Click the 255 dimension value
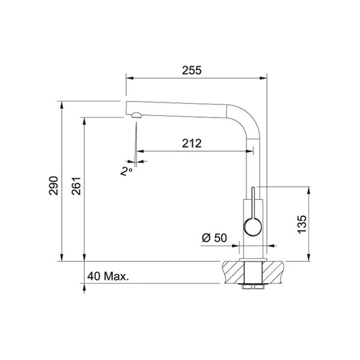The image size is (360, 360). (x=192, y=70)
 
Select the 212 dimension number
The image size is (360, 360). (x=192, y=144)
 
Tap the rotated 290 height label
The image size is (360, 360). (x=54, y=186)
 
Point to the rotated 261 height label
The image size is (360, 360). (x=76, y=186)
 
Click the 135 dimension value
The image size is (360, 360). (x=302, y=225)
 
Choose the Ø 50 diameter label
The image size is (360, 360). (x=214, y=238)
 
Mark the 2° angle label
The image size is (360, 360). (x=126, y=171)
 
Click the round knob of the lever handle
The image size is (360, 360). (x=252, y=227)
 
